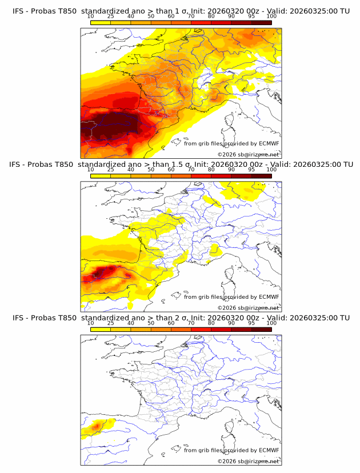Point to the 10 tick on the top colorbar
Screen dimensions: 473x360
pos(91,17)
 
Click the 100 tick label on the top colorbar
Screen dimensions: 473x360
pos(271,17)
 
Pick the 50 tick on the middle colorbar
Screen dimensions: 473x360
pos(151,170)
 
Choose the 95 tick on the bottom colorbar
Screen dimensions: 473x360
pos(251,323)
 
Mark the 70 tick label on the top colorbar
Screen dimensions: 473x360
pos(191,17)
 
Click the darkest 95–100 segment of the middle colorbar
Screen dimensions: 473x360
pos(261,175)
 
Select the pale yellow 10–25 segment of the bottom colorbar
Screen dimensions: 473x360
pos(101,328)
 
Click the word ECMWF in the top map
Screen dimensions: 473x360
pos(269,143)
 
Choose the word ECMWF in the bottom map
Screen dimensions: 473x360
pos(269,450)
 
